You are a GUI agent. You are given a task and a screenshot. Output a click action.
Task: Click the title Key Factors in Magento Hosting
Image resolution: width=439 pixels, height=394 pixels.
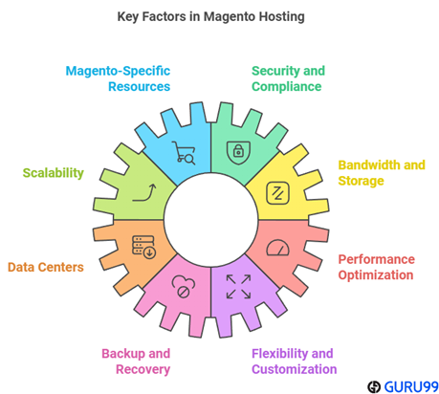[x=210, y=17]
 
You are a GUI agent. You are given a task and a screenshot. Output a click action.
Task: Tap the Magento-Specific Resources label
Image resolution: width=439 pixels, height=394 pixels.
[x=118, y=78]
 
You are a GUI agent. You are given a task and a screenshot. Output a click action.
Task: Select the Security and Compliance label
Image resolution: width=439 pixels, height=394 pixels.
[x=288, y=78]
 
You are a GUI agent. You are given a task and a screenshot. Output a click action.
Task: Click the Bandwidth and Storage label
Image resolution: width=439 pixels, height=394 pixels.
[x=382, y=173]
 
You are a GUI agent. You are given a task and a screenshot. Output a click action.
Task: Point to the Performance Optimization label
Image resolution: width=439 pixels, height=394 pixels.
[x=376, y=267]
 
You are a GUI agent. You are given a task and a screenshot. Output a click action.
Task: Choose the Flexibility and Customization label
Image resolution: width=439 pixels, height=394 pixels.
[x=294, y=361]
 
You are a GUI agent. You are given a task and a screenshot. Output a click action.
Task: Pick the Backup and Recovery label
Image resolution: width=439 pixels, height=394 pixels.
[x=136, y=361]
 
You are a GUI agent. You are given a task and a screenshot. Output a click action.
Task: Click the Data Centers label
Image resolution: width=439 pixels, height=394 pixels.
[x=46, y=267]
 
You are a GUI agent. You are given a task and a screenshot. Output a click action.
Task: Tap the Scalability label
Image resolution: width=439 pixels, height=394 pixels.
[x=54, y=173]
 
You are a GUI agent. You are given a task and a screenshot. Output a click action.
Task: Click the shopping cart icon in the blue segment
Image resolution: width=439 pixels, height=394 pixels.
[x=184, y=152]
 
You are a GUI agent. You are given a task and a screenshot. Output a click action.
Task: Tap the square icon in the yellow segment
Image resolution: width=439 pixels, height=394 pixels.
[x=277, y=193]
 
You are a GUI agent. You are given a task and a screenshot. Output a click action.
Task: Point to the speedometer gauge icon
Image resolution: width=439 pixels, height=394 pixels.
[x=277, y=248]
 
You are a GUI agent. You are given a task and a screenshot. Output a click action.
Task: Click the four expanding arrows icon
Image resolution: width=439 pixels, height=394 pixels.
[x=238, y=287]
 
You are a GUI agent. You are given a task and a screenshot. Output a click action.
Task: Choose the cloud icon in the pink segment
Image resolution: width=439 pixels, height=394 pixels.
[x=184, y=287]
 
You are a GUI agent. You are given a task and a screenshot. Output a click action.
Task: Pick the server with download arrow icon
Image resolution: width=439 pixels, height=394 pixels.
[x=143, y=247]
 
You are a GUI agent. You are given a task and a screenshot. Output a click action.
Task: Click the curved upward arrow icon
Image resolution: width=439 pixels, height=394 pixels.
[x=144, y=192]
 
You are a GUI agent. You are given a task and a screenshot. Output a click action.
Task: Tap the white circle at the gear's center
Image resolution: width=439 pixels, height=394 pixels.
[x=210, y=220]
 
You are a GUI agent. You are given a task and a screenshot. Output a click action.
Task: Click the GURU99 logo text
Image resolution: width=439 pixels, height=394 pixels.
[x=411, y=387]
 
